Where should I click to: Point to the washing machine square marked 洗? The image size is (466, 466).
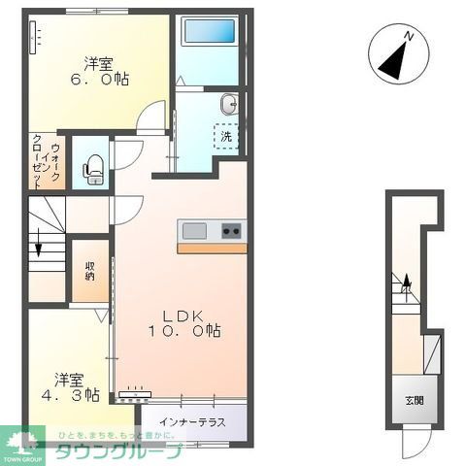[226, 137]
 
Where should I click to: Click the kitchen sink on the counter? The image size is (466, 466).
[193, 230]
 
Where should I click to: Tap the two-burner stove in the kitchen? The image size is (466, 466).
[232, 230]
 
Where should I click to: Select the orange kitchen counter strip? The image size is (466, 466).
[211, 248]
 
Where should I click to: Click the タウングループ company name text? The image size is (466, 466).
[116, 451]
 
